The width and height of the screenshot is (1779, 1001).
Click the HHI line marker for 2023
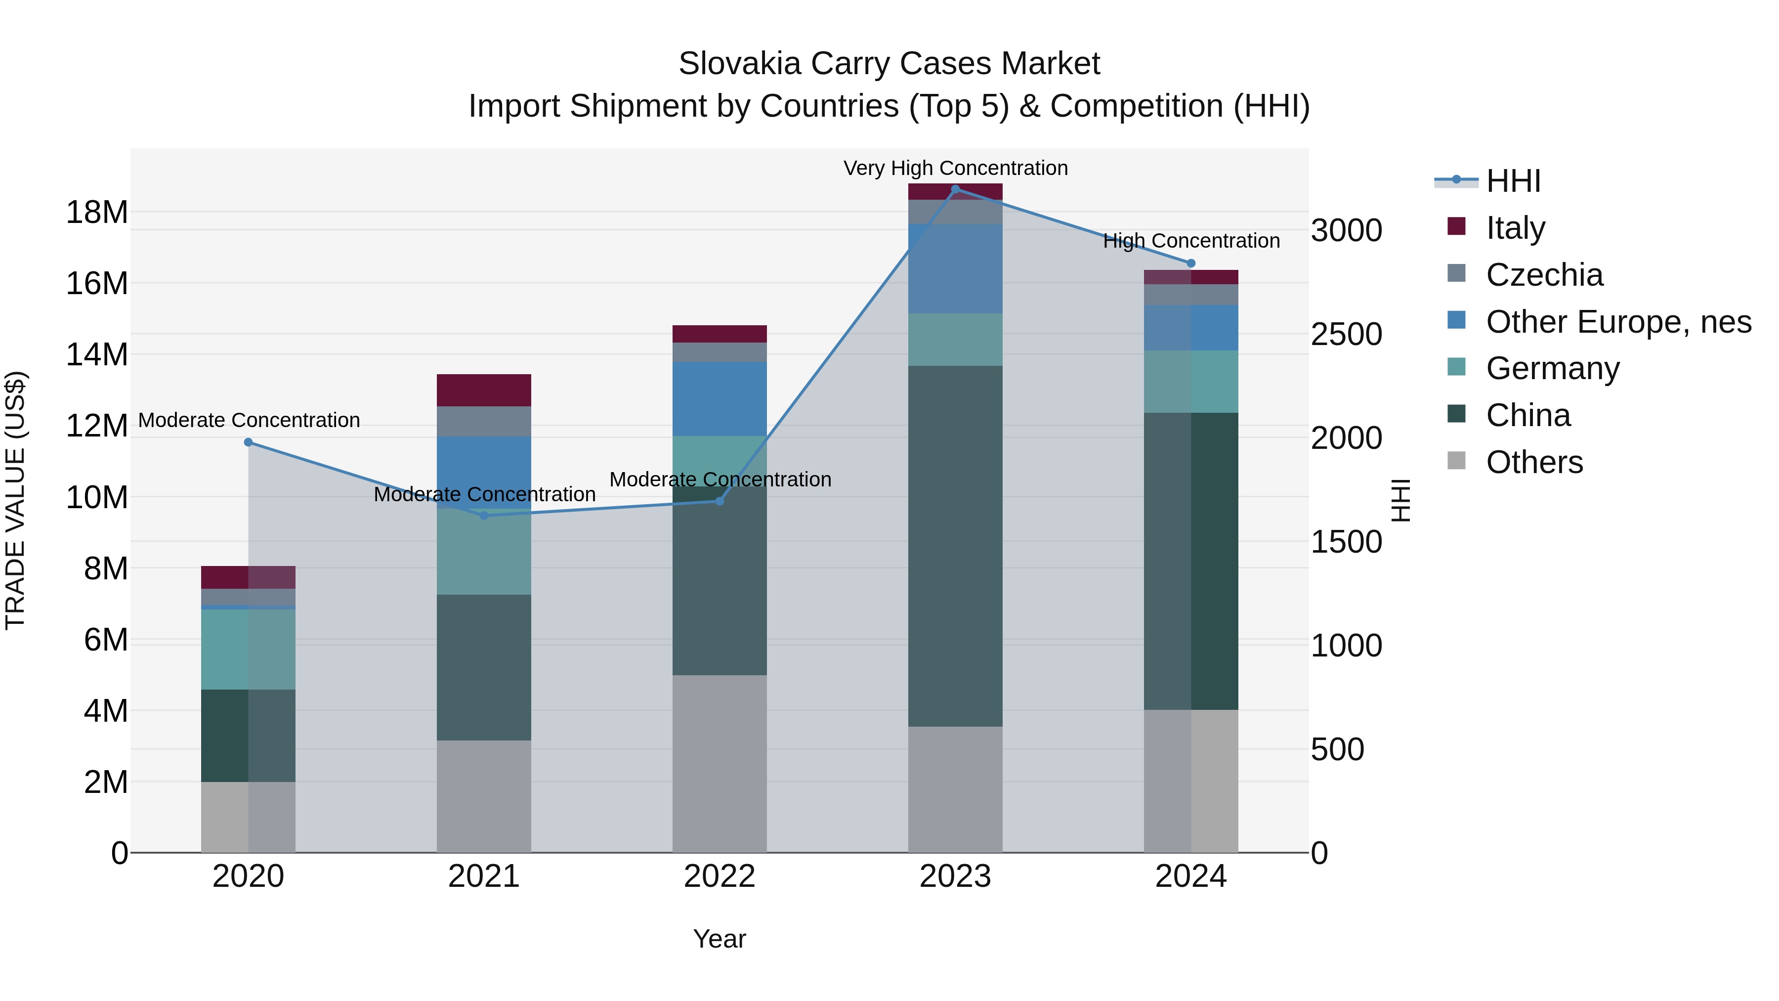[955, 189]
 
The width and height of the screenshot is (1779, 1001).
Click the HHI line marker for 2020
[249, 442]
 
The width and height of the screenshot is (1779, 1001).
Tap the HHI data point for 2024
[1190, 263]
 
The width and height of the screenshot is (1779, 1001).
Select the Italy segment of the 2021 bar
[483, 391]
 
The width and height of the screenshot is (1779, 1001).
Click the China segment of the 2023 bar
[955, 546]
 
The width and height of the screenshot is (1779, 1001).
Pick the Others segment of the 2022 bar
[719, 763]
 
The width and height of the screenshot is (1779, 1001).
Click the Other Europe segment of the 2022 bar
[719, 398]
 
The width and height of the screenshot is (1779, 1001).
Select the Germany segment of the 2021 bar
[483, 553]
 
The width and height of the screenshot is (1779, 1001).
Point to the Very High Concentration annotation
[955, 168]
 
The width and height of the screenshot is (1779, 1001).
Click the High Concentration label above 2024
[1190, 241]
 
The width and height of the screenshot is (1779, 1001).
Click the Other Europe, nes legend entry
[1617, 322]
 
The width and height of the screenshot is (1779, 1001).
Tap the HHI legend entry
[1513, 181]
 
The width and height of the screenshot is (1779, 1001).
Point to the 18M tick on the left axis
[97, 212]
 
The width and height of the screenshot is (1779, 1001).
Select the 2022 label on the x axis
[719, 876]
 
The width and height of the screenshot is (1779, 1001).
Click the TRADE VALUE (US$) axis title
[15, 500]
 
